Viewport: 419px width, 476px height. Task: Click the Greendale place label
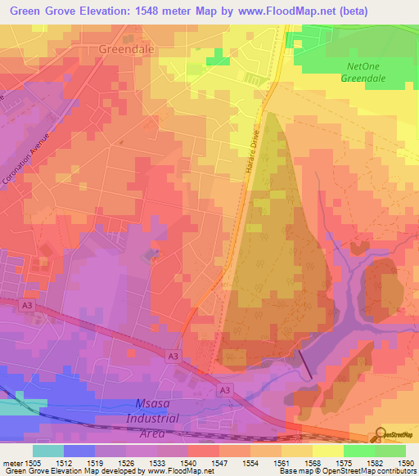click(x=125, y=49)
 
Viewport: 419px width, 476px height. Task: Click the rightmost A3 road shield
click(x=223, y=391)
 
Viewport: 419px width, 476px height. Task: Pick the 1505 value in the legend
click(x=33, y=462)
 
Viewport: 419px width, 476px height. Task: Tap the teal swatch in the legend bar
click(x=47, y=451)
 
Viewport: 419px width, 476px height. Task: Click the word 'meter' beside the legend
click(x=11, y=462)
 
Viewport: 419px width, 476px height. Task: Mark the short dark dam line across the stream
click(x=304, y=364)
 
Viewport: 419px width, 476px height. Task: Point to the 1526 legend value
click(x=126, y=462)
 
